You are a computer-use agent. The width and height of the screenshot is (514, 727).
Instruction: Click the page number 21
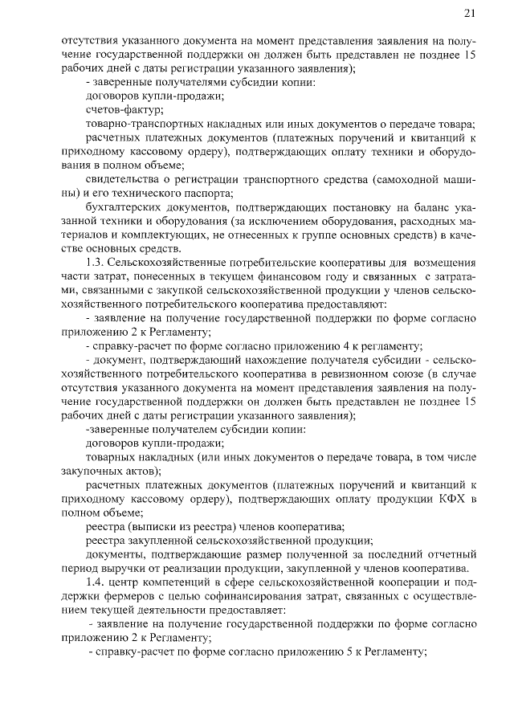click(470, 13)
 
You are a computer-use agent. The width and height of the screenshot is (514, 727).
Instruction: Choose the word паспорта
click(207, 192)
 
